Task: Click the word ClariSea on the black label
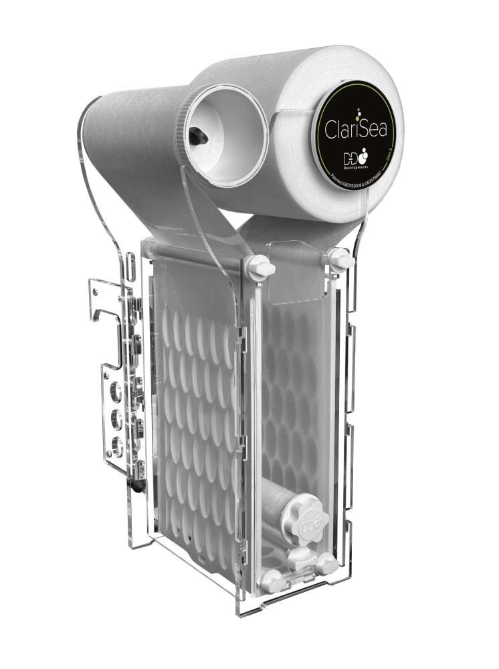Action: (x=357, y=126)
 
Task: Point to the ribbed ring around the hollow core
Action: (x=184, y=107)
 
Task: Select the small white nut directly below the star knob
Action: (x=302, y=557)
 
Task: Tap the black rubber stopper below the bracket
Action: (x=138, y=486)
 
